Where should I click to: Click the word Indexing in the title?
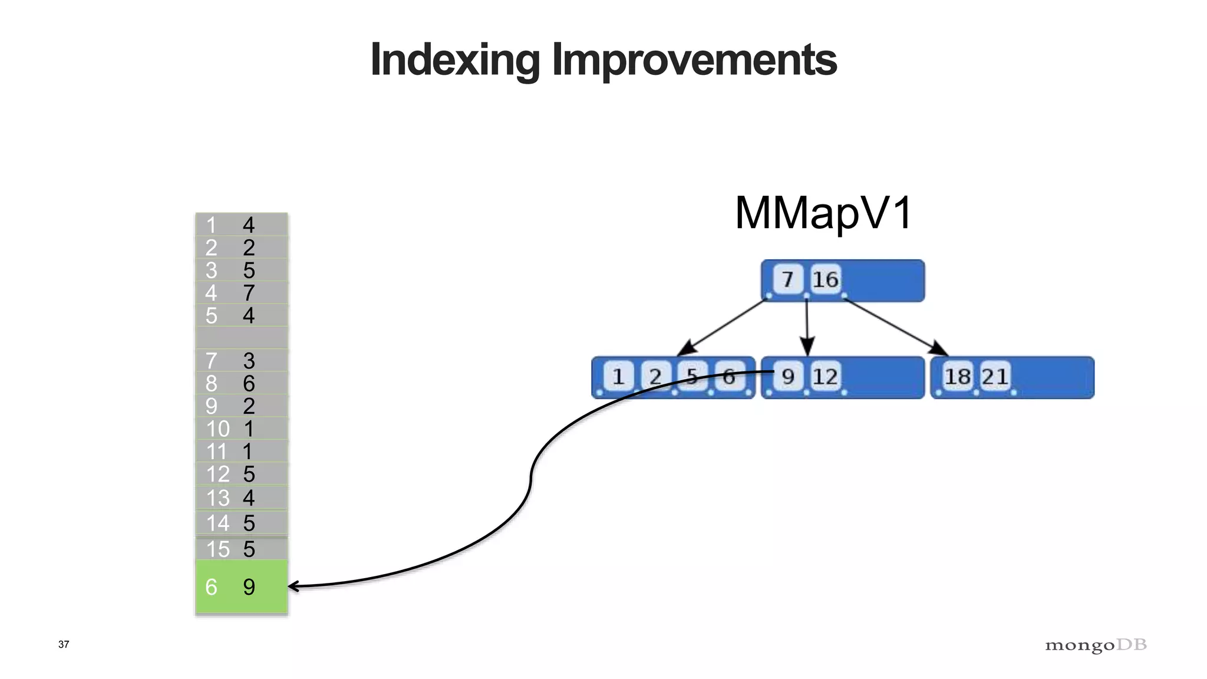click(455, 60)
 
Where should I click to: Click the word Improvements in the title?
click(694, 60)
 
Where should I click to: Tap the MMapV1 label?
click(823, 213)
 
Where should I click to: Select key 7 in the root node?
click(788, 279)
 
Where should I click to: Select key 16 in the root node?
click(825, 279)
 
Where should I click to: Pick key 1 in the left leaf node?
click(618, 377)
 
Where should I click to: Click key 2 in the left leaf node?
click(655, 377)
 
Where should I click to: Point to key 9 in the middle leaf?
click(788, 377)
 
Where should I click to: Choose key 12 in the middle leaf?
click(825, 377)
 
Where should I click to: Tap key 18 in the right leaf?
click(958, 377)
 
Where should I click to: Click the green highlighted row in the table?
click(242, 586)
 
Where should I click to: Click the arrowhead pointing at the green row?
click(293, 586)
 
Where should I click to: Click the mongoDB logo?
click(1096, 645)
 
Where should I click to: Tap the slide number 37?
click(64, 644)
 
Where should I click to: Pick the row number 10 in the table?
click(217, 429)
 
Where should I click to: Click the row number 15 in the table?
click(217, 549)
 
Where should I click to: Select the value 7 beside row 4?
click(249, 293)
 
